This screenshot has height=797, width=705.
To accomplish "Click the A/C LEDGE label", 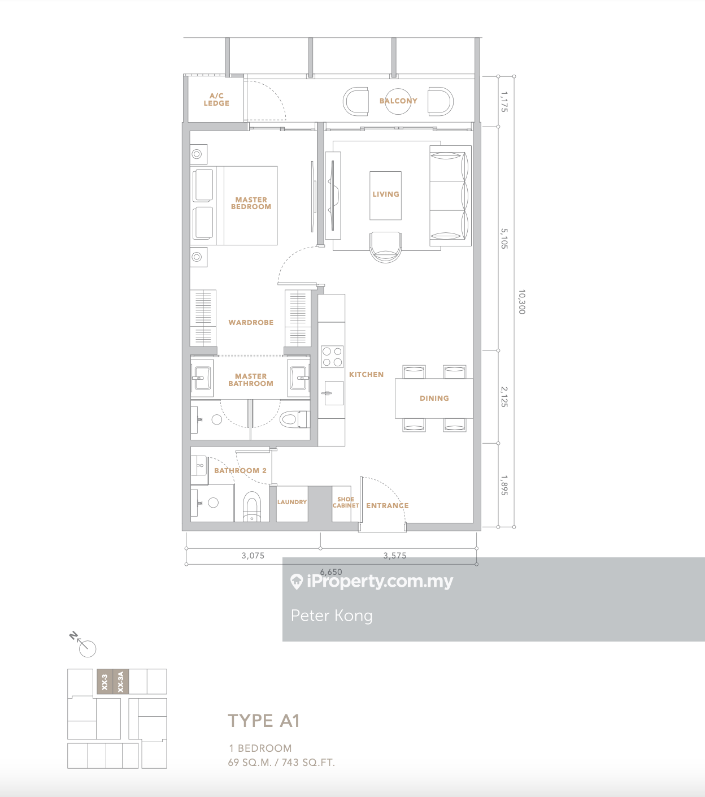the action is (x=216, y=99).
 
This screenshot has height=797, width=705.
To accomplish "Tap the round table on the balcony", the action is (x=398, y=102).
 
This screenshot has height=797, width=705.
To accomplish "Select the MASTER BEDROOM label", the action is (x=251, y=203).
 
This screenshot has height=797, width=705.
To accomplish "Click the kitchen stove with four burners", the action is (x=332, y=357).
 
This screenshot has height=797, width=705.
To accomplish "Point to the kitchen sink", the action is (x=333, y=393).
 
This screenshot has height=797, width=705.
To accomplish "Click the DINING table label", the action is (x=434, y=398).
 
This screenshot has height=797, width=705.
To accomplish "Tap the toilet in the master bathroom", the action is (x=294, y=419).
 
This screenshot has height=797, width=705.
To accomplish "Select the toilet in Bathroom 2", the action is (x=251, y=506).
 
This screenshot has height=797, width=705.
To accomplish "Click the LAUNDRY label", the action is (x=291, y=502).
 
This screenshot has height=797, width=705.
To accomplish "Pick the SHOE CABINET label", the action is (x=346, y=503).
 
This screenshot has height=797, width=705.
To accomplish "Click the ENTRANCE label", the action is (x=388, y=506).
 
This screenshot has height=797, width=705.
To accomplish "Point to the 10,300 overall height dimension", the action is (x=522, y=302).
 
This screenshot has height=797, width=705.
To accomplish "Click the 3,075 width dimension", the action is (x=253, y=556).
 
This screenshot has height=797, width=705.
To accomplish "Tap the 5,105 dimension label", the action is (x=504, y=239).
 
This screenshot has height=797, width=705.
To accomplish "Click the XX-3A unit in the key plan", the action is (x=121, y=681).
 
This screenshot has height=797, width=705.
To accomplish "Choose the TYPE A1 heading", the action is (x=264, y=721).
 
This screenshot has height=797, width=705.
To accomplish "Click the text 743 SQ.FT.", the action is (x=308, y=763).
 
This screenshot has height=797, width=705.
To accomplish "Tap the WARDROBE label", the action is (x=251, y=323).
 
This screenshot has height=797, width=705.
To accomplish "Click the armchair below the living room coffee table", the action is (x=386, y=247).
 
